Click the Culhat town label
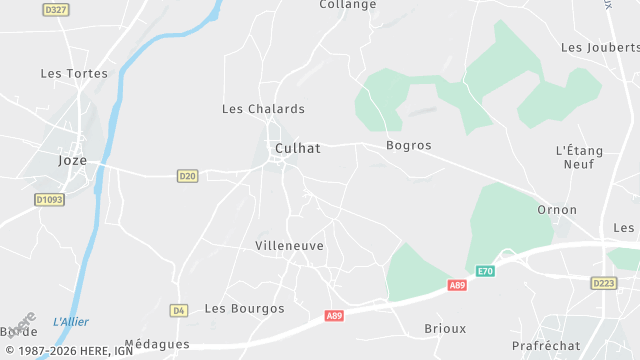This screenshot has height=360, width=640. click(297, 148)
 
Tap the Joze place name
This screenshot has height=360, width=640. click(73, 160)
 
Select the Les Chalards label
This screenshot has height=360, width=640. click(263, 109)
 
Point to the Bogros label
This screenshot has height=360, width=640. click(408, 145)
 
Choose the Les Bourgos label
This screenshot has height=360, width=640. click(244, 308)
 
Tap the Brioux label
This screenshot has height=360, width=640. click(445, 328)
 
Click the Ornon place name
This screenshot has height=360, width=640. click(557, 210)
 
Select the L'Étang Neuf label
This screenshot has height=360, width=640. click(579, 157)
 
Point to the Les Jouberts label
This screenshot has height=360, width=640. click(599, 47)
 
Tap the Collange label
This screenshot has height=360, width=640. click(348, 5)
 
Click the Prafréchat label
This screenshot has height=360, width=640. click(546, 345)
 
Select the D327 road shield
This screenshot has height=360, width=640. click(56, 9)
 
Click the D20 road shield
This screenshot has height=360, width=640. click(187, 176)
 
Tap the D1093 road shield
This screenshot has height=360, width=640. click(49, 200)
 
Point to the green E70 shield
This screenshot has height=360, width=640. click(485, 271)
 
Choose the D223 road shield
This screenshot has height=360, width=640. click(603, 284)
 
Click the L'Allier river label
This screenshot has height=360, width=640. click(71, 321)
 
